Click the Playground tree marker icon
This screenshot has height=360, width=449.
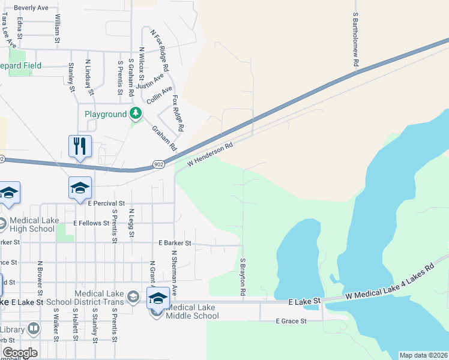(x=136, y=113)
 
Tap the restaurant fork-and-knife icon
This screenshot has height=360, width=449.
(x=80, y=146)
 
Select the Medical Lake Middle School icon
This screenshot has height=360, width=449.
(x=158, y=298)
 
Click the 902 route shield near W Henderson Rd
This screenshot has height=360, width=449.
(x=158, y=164)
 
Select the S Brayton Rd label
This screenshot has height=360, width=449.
(x=243, y=277)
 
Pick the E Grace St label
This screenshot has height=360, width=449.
(x=291, y=321)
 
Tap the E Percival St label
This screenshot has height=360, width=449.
(x=106, y=204)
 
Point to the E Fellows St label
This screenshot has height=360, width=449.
(x=91, y=223)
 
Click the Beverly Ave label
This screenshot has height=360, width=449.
(x=31, y=8)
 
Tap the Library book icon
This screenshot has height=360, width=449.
(x=33, y=329)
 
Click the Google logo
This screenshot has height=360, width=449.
(x=19, y=353)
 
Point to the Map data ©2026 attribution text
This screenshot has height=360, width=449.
(x=423, y=355)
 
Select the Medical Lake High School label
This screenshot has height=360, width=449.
(x=33, y=224)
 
